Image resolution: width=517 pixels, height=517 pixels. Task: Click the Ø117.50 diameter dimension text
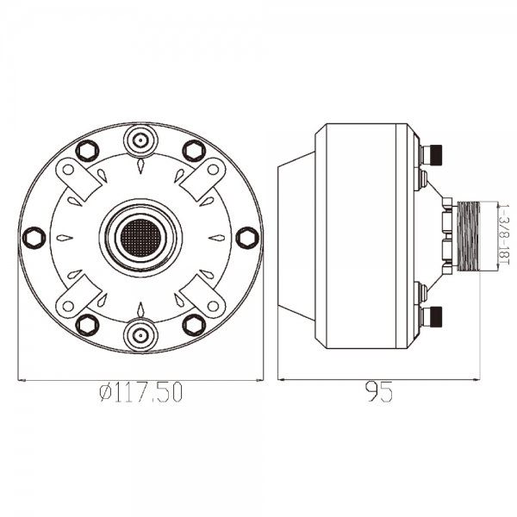140,392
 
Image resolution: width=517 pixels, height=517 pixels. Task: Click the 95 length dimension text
380,392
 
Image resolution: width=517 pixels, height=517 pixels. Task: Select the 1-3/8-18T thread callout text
504,234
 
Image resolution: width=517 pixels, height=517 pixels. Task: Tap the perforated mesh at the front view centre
140,234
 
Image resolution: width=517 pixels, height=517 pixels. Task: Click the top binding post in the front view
140,140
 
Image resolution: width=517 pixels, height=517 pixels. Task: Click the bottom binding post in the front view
140,335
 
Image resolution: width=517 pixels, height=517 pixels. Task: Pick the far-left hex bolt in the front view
34,237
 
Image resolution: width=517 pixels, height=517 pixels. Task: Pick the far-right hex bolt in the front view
247,237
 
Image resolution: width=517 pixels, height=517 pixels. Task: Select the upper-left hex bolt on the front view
87,151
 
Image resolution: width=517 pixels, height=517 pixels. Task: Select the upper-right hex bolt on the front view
194,151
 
